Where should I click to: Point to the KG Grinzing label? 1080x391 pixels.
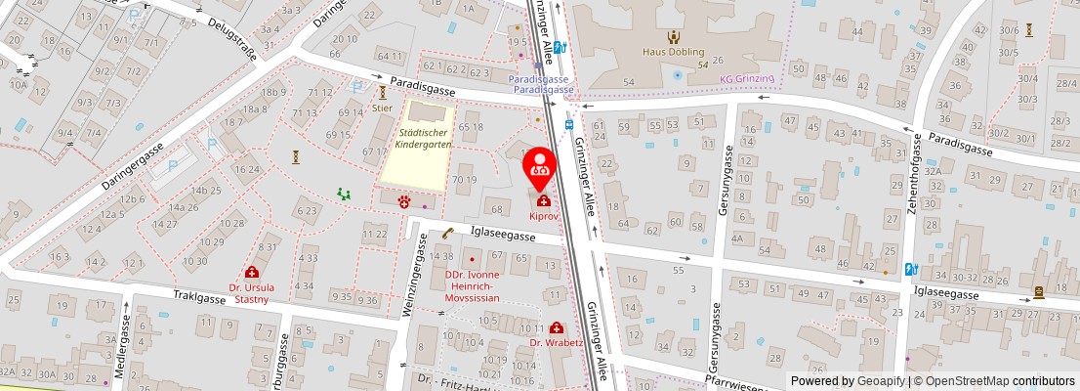[747, 78]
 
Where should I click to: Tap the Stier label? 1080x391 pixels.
[382, 109]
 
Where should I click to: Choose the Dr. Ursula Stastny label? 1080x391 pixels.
[253, 294]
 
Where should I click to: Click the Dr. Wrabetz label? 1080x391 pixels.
[556, 343]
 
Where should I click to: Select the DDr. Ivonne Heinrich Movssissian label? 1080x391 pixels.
[473, 284]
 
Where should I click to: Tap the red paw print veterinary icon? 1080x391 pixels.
[427, 204]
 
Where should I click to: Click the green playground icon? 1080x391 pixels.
[344, 195]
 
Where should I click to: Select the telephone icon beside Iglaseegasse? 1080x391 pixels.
[448, 234]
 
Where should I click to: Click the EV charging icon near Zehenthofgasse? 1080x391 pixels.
[910, 269]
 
